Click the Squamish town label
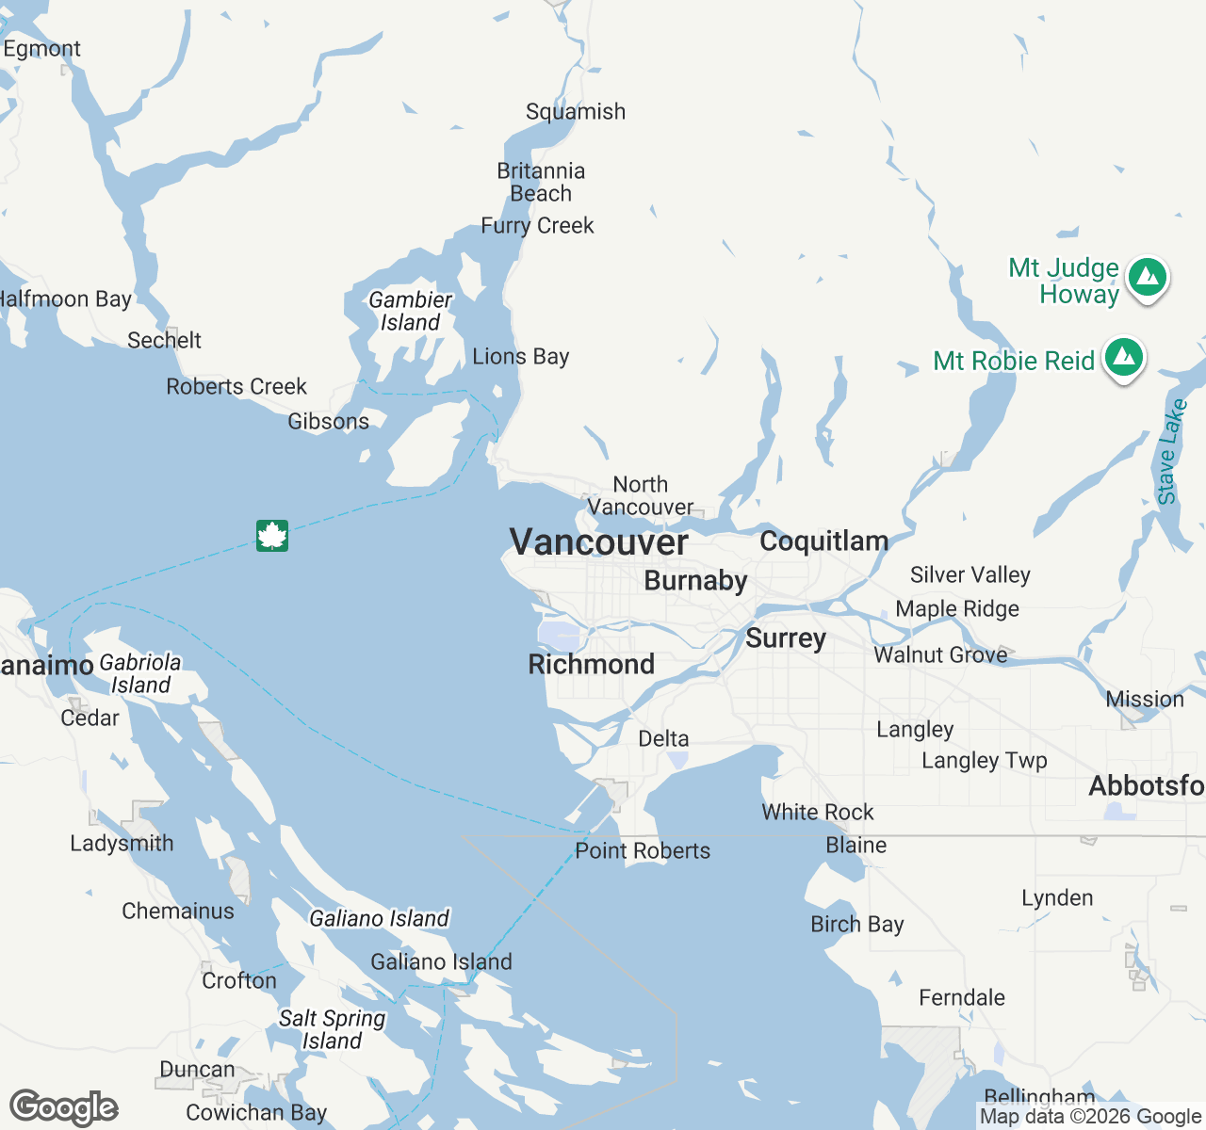click(575, 112)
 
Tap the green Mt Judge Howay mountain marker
click(1147, 278)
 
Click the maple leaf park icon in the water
click(272, 536)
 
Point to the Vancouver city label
click(598, 542)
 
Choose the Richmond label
click(591, 664)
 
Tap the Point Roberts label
click(643, 851)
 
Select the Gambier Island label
click(410, 311)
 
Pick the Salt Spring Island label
click(332, 1029)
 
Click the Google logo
click(63, 1108)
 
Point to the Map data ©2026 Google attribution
click(1090, 1117)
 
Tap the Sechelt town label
click(164, 340)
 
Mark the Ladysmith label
click(122, 843)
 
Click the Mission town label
click(1144, 700)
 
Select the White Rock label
click(817, 812)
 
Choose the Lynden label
click(1057, 897)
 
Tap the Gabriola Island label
click(140, 673)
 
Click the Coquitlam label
click(823, 541)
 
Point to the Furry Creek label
click(537, 226)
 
